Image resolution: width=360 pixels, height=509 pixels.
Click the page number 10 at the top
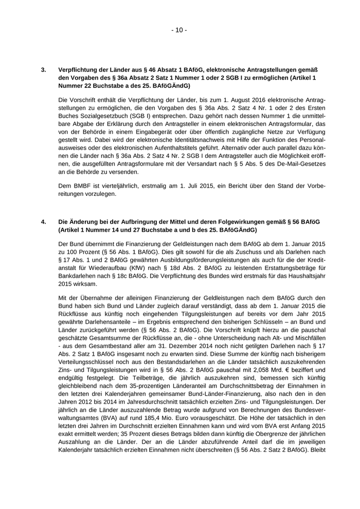(179, 30)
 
